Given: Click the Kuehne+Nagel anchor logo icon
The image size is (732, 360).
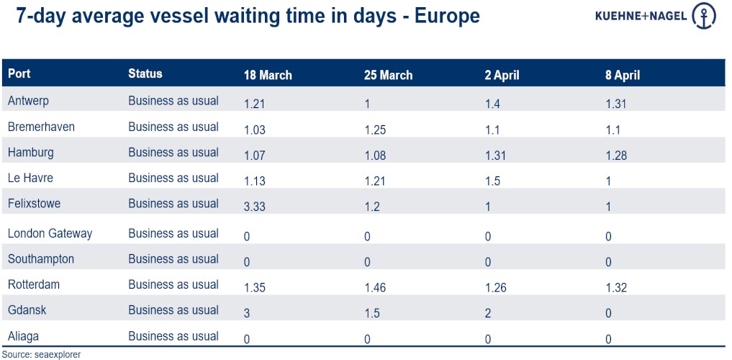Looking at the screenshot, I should pyautogui.click(x=703, y=16).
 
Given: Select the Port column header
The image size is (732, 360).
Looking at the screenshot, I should pyautogui.click(x=19, y=73).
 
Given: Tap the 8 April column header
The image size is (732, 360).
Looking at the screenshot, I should pyautogui.click(x=623, y=76).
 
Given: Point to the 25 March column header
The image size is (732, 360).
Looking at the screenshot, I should pyautogui.click(x=389, y=76).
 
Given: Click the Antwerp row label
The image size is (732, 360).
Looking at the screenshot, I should pyautogui.click(x=28, y=101).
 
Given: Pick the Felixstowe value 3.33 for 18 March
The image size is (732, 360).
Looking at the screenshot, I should pyautogui.click(x=256, y=207).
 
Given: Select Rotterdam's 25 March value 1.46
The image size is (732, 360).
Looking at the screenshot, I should pyautogui.click(x=375, y=288).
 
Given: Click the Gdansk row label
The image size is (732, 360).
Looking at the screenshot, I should pyautogui.click(x=27, y=310).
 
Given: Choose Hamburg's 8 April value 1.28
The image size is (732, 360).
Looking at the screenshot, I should pyautogui.click(x=616, y=156).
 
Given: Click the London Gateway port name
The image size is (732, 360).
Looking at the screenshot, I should pyautogui.click(x=50, y=233).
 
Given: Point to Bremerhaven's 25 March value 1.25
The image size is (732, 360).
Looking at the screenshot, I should pyautogui.click(x=375, y=130).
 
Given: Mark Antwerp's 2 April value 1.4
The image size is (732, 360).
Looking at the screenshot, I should pyautogui.click(x=494, y=104).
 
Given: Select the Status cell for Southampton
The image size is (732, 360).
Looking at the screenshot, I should pyautogui.click(x=173, y=259).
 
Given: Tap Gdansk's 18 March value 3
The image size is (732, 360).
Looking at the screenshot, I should pyautogui.click(x=248, y=313).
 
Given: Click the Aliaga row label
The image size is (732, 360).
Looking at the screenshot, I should pyautogui.click(x=24, y=336).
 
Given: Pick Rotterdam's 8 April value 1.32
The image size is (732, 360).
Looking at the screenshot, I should pyautogui.click(x=616, y=288).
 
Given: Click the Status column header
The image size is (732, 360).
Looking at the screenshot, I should pyautogui.click(x=145, y=73).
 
